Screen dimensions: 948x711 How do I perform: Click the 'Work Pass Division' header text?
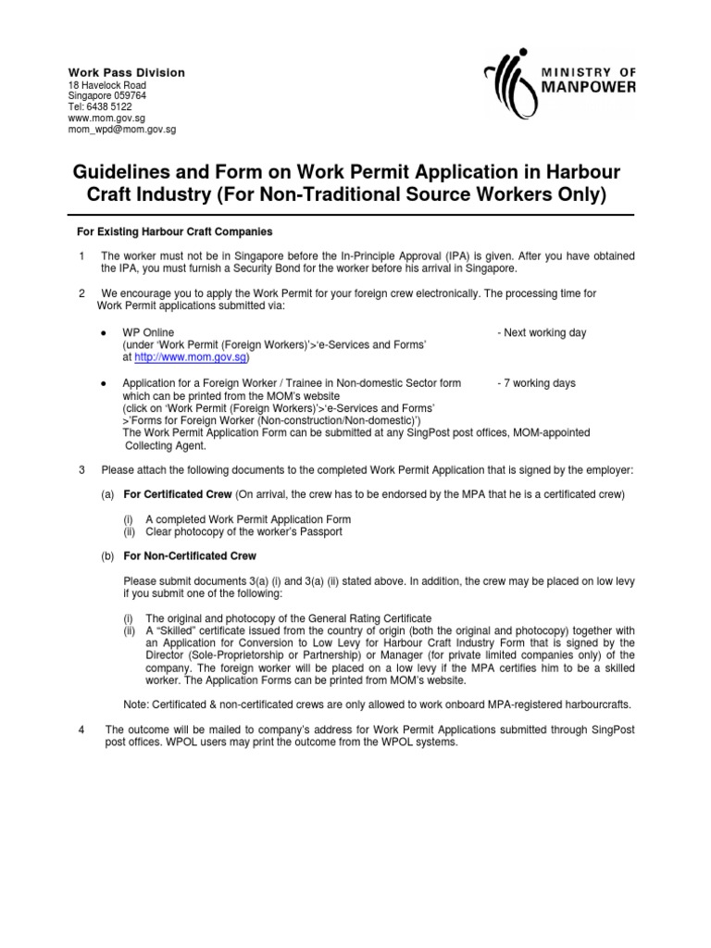point(127,72)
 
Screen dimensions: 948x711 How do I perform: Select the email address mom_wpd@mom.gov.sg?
point(122,130)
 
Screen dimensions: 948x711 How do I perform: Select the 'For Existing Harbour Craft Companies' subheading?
point(173,231)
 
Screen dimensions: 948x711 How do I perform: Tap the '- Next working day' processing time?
point(541,332)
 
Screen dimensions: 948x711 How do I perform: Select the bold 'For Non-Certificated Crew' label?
point(190,556)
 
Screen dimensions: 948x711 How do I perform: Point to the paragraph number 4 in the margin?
point(82,730)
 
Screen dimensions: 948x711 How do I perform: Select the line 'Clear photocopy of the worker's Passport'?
point(243,531)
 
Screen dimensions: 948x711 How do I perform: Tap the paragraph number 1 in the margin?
point(82,256)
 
